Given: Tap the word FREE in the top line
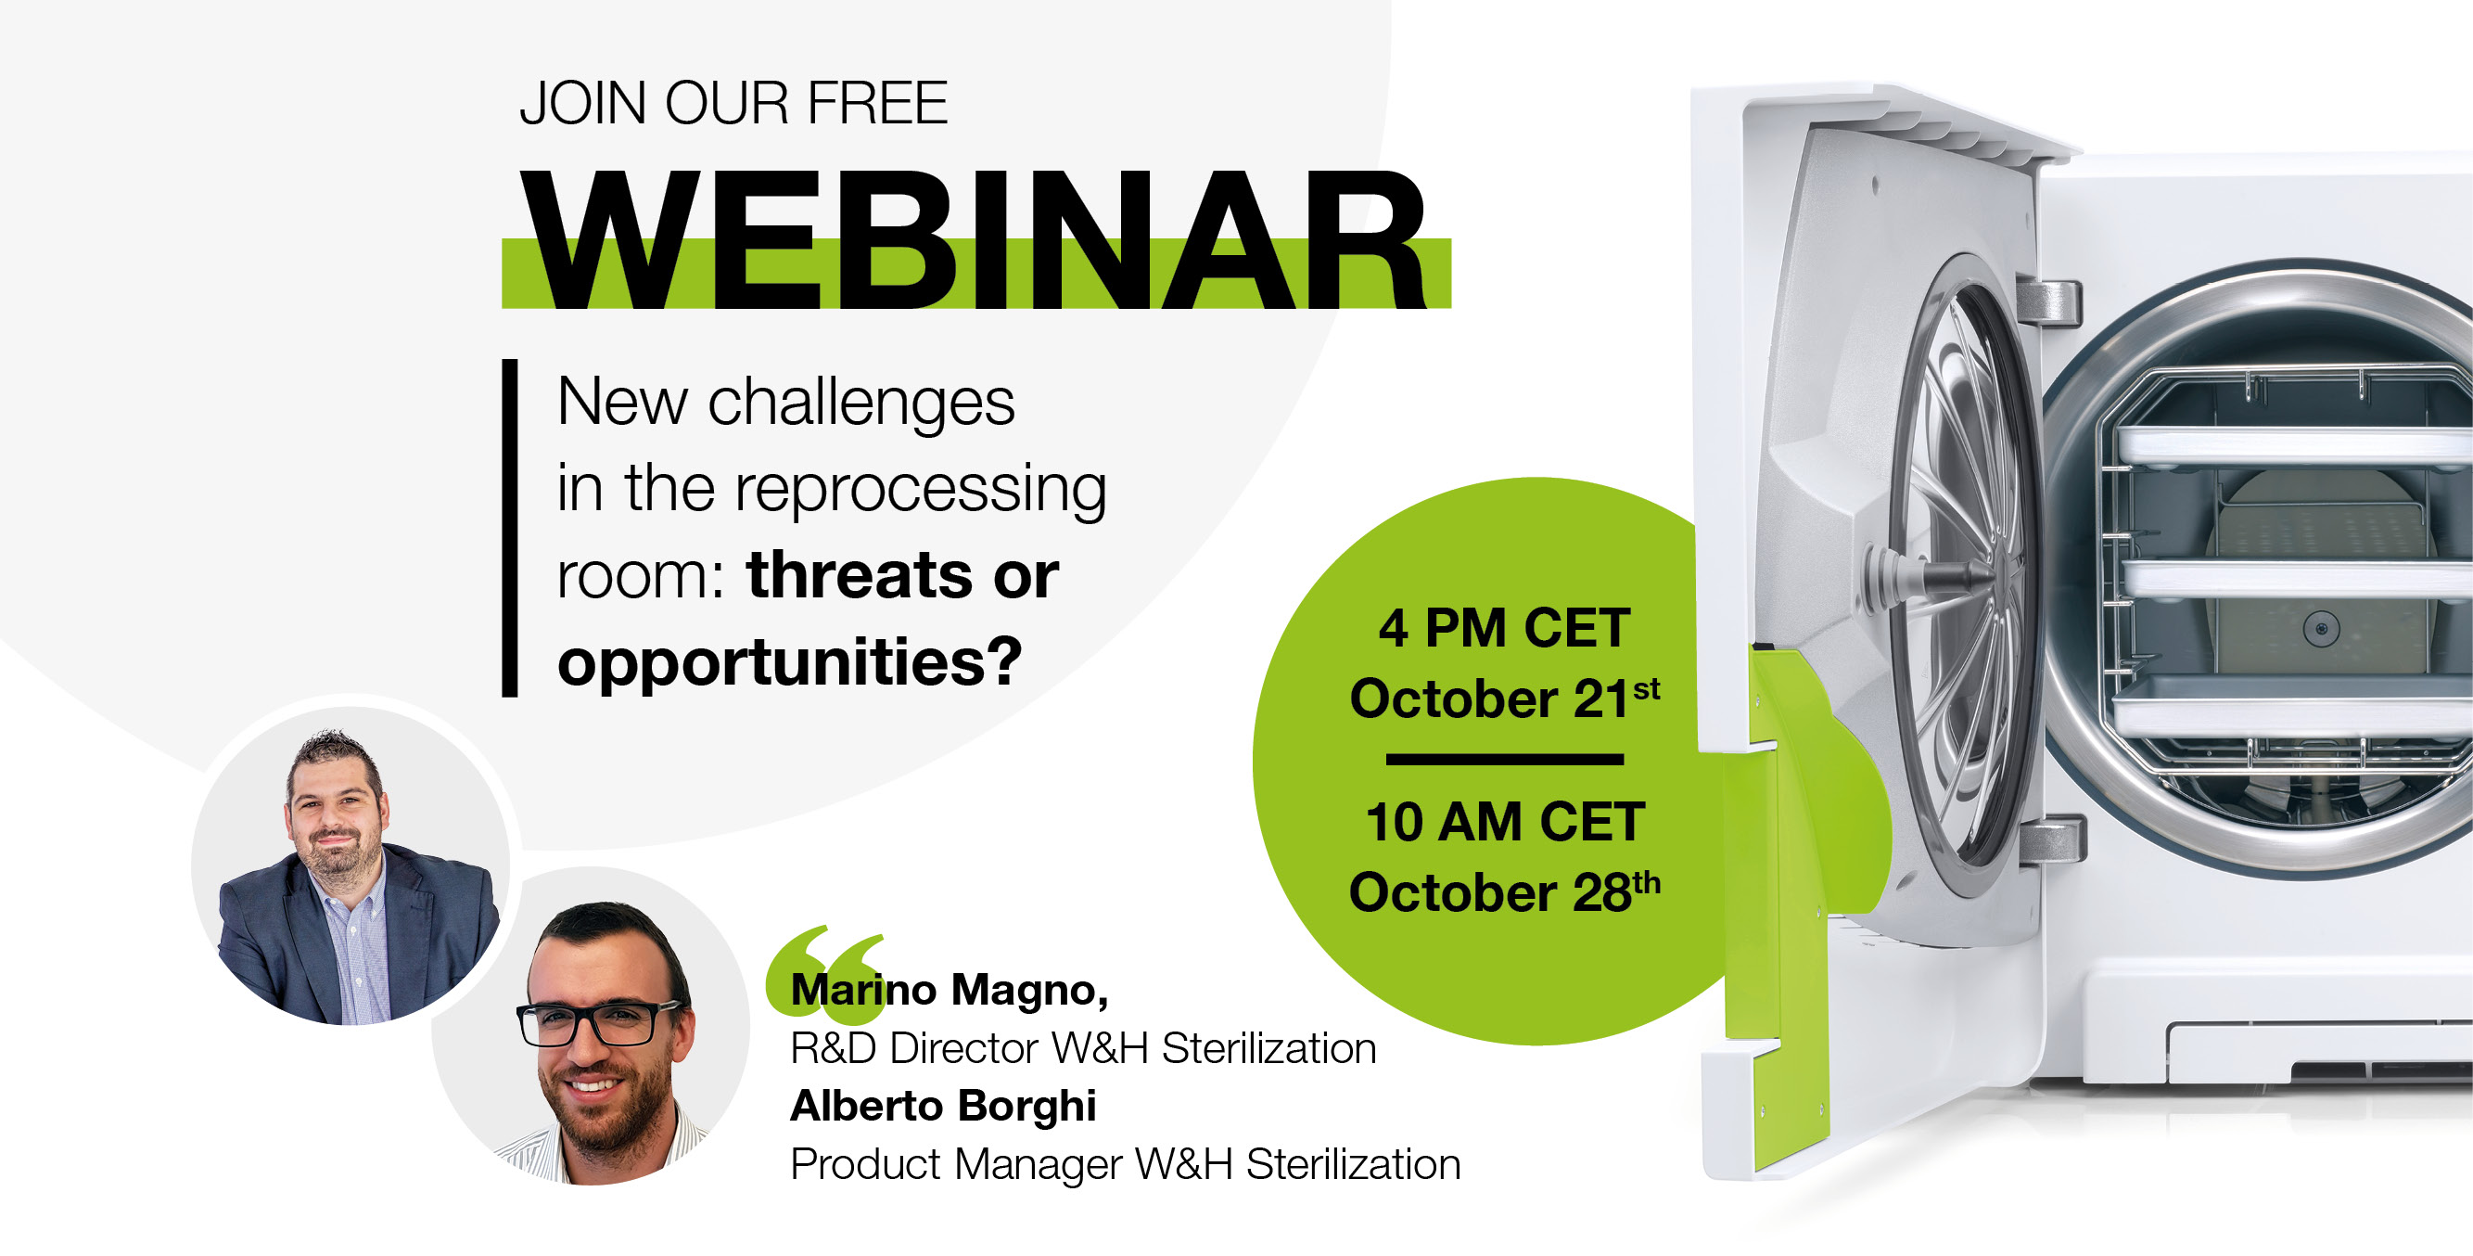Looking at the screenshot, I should click(x=877, y=104).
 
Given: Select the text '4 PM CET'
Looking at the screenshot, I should click(x=1504, y=629).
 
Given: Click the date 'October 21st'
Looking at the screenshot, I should click(x=1504, y=698).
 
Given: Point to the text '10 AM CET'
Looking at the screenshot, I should click(x=1504, y=823).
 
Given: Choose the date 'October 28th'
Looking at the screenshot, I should click(x=1504, y=892).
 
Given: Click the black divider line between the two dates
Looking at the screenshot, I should click(x=1504, y=760).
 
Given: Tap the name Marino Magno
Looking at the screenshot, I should click(x=949, y=990).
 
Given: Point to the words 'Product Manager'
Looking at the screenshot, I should click(x=956, y=1165).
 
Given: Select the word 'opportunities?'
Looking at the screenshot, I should click(x=789, y=662).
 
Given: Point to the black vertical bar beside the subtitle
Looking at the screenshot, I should click(x=510, y=527).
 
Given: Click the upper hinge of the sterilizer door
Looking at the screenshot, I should click(x=2048, y=301).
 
